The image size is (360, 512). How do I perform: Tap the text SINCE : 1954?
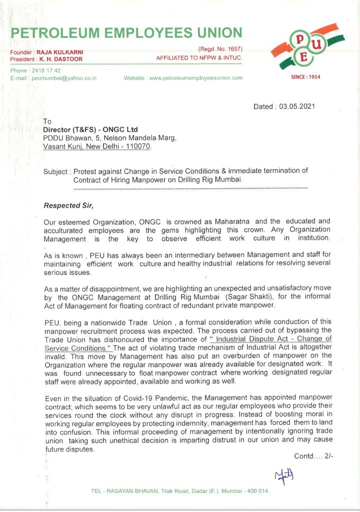305,77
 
